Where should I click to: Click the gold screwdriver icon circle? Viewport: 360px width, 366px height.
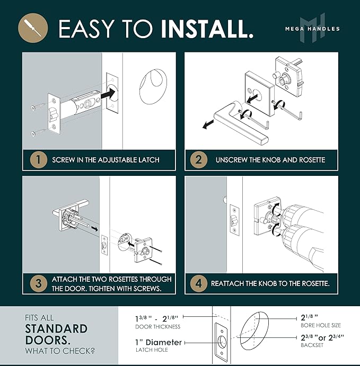pos(33,28)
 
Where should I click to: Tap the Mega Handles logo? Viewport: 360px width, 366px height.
pos(312,28)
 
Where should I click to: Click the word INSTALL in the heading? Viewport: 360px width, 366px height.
pos(207,29)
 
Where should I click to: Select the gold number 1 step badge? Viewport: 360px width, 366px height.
pos(39,160)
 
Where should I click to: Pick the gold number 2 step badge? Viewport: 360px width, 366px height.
pos(199,160)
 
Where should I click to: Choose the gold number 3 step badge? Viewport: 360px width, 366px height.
pos(39,283)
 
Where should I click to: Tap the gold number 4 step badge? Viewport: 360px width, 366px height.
pos(199,283)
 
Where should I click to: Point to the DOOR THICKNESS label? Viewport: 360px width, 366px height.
pos(158,327)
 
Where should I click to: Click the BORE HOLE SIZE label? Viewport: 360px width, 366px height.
pos(321,325)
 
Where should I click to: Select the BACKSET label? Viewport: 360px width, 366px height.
pos(312,345)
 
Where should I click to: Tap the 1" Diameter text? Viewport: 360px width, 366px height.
pos(159,342)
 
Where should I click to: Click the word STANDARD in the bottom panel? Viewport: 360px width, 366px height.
pos(56,329)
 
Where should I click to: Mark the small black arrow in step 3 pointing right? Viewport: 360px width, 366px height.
pos(94,229)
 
